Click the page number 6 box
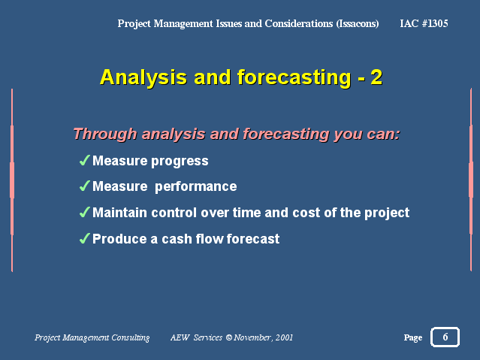445,337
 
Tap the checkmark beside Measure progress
84,160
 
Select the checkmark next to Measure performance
84,186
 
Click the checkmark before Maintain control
84,212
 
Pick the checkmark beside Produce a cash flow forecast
84,238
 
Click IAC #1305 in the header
424,23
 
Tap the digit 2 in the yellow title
376,77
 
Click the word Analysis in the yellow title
143,77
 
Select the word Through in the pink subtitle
105,135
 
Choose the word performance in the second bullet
196,187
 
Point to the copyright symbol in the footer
229,337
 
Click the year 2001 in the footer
284,337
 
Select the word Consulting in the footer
131,337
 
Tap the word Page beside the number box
413,337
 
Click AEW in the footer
180,337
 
